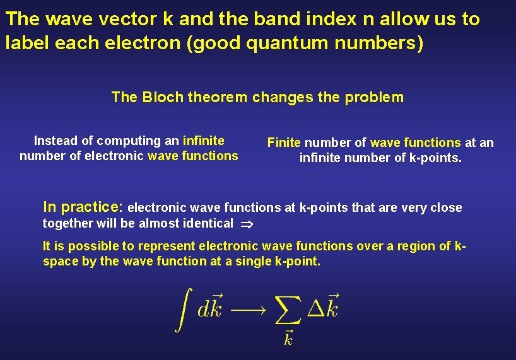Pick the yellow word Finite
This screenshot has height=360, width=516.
click(x=284, y=142)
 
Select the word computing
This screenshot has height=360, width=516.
click(x=129, y=141)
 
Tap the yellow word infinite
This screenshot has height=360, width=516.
click(x=203, y=141)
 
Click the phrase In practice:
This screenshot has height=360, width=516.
click(x=83, y=207)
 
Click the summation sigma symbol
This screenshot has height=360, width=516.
click(x=289, y=310)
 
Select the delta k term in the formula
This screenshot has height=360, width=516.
click(x=323, y=307)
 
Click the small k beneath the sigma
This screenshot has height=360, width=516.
click(x=288, y=339)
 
